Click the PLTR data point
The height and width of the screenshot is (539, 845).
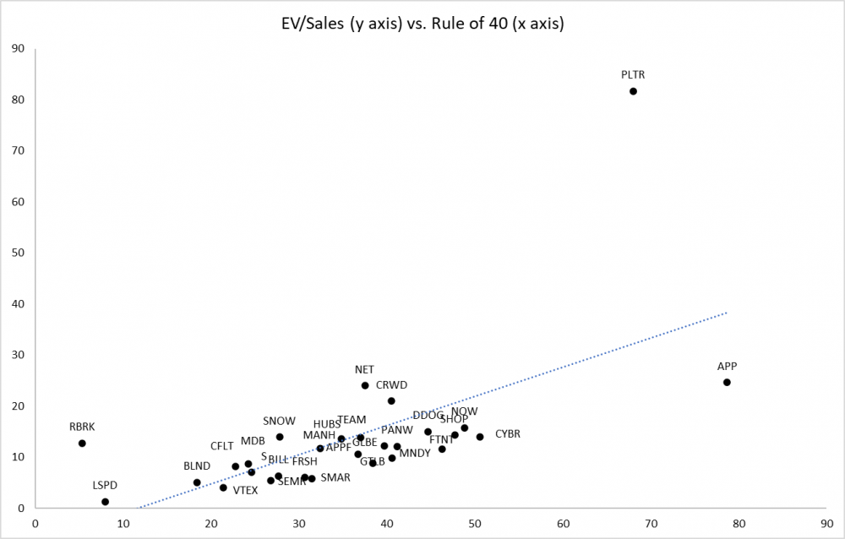(x=633, y=91)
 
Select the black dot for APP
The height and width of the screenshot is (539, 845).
(x=727, y=382)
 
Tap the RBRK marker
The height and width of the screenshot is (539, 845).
(x=82, y=443)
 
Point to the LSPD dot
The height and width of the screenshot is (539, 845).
(x=105, y=502)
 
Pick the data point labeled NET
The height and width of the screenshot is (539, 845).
(x=365, y=385)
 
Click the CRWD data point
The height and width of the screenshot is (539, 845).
(x=391, y=400)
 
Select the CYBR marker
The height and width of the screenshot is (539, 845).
(x=480, y=437)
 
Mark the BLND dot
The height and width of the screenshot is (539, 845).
(x=197, y=482)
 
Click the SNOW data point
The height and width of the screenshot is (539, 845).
(x=280, y=437)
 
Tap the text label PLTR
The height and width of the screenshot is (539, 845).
(x=633, y=74)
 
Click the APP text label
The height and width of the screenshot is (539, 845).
(x=727, y=366)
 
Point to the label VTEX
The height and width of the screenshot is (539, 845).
(x=245, y=490)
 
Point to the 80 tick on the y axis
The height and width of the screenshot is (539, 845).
(x=17, y=100)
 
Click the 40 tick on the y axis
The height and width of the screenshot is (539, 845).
(x=17, y=304)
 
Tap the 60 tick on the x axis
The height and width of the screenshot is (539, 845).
(x=563, y=524)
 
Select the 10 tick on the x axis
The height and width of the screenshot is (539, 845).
(x=123, y=524)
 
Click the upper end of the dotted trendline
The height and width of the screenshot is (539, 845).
(x=727, y=313)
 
